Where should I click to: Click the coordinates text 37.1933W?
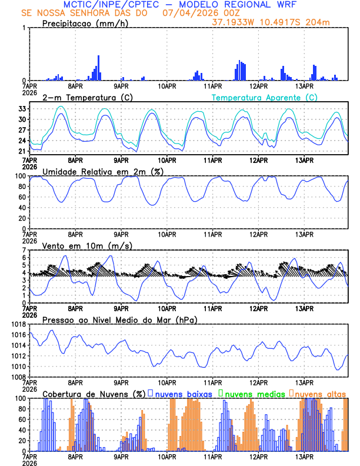click(x=234, y=22)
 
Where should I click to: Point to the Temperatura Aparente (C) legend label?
click(x=264, y=97)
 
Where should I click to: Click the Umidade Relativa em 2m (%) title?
click(x=102, y=171)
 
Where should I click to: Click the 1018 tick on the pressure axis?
click(x=18, y=324)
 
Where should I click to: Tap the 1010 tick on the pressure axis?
click(x=18, y=367)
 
